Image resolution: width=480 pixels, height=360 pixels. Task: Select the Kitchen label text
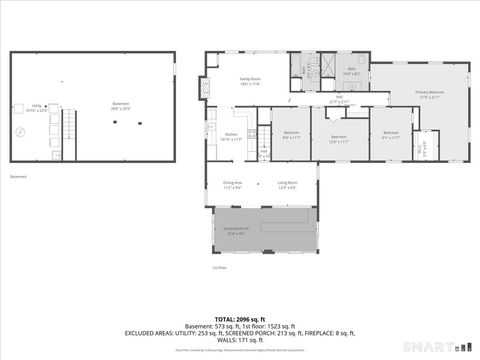tap(230, 136)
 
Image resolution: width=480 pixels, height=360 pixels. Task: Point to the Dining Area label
tap(231, 184)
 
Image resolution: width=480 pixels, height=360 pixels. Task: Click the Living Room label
tap(287, 184)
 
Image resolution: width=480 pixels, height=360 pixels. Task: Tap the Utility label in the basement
tap(36, 106)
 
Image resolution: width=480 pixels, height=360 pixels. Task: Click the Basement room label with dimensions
tap(120, 106)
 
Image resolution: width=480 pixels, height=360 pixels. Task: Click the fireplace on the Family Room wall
tap(207, 87)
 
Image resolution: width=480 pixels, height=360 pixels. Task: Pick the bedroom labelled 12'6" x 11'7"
tap(339, 138)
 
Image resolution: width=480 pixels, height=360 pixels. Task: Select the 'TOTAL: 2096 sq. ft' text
tap(239, 319)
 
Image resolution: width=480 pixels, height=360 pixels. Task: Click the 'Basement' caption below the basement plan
tap(18, 176)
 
